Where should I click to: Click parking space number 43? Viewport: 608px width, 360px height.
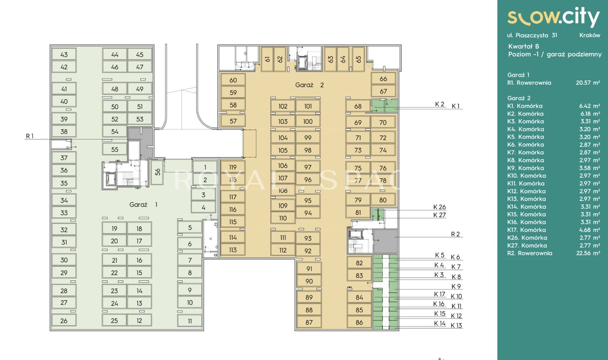64,54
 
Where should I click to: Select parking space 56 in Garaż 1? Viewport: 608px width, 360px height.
157,172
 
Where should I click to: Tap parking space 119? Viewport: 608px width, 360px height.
233,167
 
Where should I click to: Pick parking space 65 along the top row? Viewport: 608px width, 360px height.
359,59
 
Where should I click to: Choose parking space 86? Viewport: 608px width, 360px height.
359,322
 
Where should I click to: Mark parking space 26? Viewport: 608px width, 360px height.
64,321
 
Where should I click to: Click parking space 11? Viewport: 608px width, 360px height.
190,321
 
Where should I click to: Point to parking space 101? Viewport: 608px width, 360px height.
308,106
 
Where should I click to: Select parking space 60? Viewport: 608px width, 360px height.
233,80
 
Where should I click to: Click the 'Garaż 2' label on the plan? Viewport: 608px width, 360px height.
309,85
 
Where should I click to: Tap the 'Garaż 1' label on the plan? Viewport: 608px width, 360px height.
143,204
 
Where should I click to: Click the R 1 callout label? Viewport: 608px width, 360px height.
30,136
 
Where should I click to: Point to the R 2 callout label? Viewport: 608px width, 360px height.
455,234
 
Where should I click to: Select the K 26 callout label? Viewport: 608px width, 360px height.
439,207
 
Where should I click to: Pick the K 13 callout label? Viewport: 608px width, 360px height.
456,325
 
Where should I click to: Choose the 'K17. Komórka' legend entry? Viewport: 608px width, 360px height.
526,230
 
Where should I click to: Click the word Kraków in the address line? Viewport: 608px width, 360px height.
589,35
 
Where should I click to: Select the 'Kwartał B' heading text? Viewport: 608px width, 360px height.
523,46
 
